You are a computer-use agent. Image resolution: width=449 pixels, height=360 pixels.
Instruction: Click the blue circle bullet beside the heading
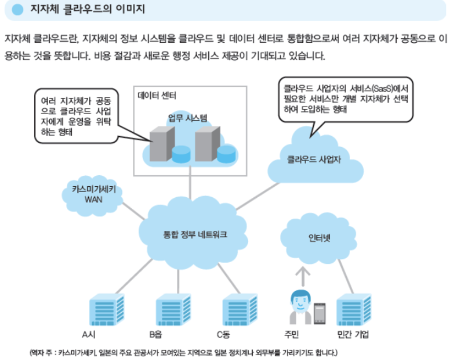coord(17,10)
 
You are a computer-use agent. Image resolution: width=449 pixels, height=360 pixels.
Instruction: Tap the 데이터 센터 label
coord(157,96)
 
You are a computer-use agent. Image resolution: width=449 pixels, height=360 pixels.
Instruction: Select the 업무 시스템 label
coord(188,117)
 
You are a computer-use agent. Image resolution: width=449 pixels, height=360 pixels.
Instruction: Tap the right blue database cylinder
coord(227,154)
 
